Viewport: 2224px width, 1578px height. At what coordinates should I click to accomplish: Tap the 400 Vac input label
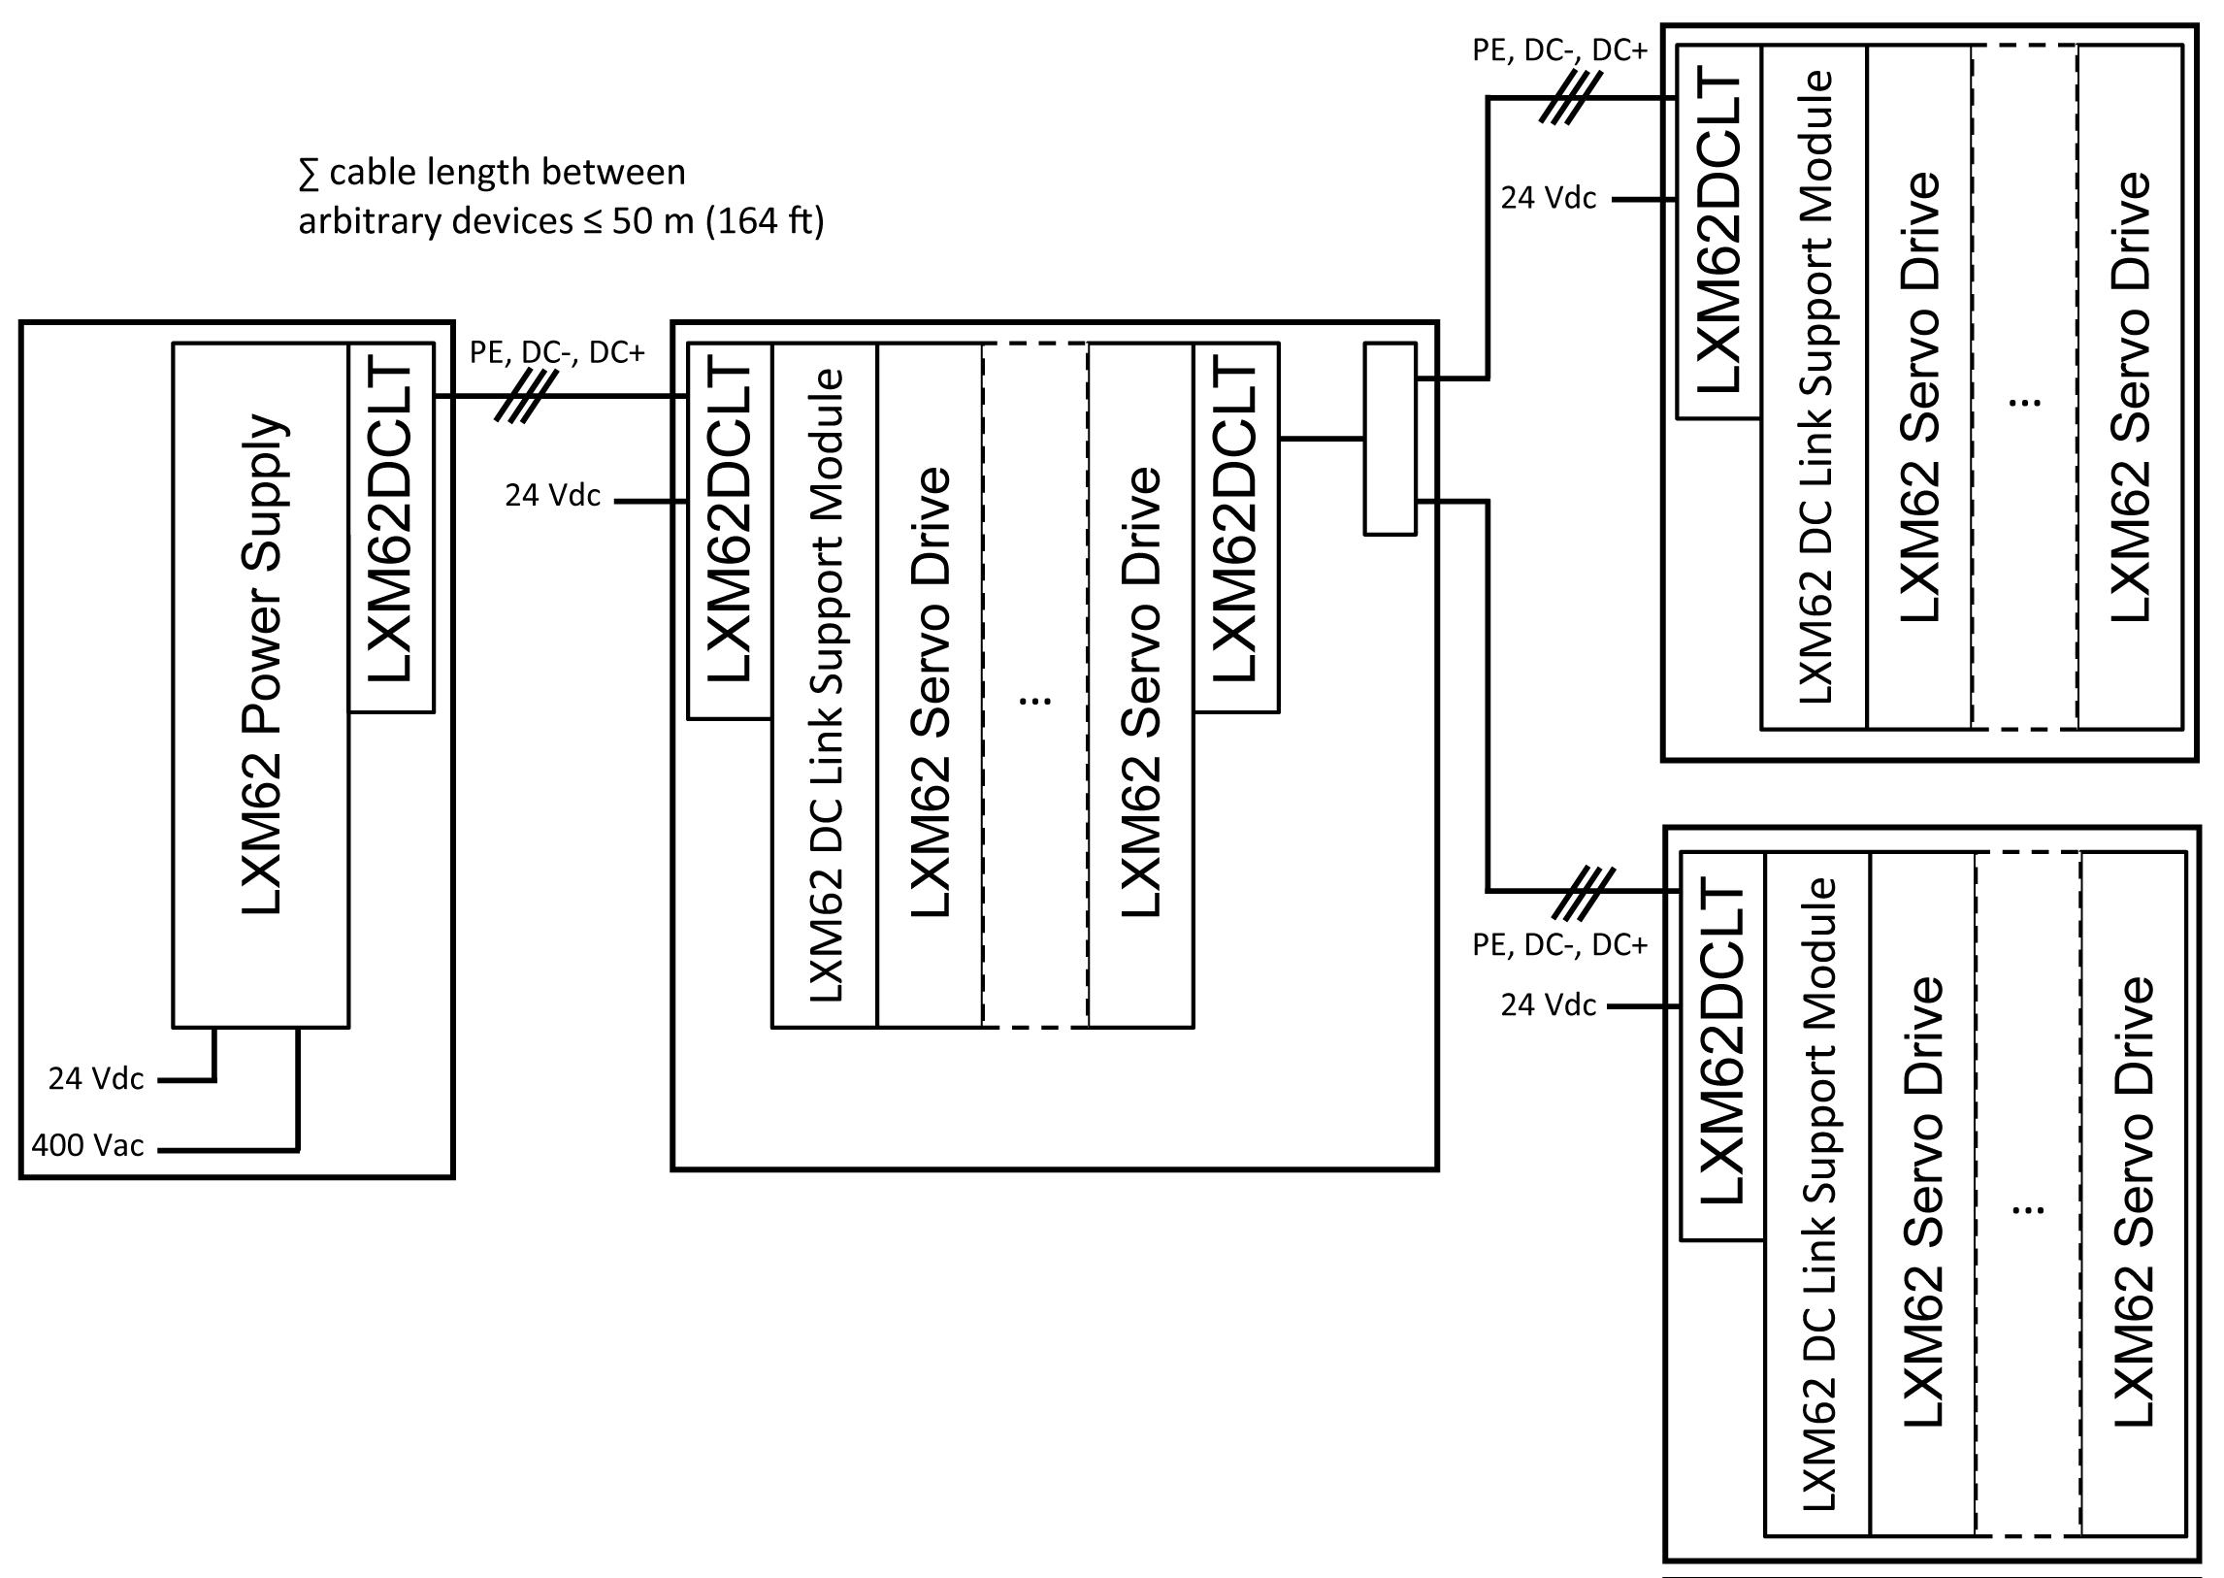pyautogui.click(x=87, y=1145)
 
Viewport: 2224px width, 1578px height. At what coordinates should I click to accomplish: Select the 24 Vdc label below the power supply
pyautogui.click(x=96, y=1078)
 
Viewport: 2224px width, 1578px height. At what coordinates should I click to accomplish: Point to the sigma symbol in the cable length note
pyautogui.click(x=309, y=175)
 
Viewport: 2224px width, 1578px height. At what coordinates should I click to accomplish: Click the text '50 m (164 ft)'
pyautogui.click(x=718, y=221)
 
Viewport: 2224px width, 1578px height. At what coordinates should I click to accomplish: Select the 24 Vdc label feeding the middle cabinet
pyautogui.click(x=552, y=496)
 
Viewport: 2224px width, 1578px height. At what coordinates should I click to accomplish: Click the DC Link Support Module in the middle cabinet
pyautogui.click(x=825, y=684)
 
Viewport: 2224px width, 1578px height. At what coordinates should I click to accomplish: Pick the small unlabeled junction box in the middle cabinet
pyautogui.click(x=1390, y=439)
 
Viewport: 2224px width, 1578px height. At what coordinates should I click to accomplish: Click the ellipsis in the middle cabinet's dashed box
pyautogui.click(x=1034, y=699)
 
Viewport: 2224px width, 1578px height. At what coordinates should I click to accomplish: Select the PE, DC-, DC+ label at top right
pyautogui.click(x=1559, y=50)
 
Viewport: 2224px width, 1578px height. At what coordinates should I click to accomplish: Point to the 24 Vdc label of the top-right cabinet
pyautogui.click(x=1548, y=198)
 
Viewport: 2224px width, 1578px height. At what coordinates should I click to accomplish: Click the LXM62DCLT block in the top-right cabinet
pyautogui.click(x=1717, y=231)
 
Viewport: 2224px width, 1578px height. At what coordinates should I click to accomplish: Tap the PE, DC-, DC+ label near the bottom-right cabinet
pyautogui.click(x=1559, y=944)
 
